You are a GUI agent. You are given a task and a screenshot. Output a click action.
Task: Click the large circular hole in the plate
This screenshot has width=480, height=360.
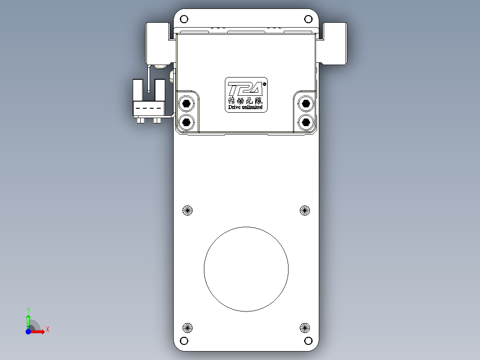coord(246,269)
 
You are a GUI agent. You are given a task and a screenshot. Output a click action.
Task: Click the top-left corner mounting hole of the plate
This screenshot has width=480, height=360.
coord(184,19)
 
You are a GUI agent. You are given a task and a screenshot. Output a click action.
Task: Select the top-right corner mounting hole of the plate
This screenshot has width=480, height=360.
coord(308,19)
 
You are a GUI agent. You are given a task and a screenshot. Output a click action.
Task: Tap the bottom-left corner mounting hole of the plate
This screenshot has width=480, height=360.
coord(184,341)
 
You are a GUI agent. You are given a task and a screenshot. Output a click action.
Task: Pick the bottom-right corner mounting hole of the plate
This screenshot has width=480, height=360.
coord(308,341)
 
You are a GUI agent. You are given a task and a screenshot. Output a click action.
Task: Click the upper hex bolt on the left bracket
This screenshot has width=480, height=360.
coord(186,104)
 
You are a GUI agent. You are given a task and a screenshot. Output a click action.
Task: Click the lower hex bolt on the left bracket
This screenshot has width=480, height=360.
coord(186,121)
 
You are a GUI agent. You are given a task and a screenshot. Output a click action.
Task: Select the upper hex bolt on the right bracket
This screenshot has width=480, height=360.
coord(305,104)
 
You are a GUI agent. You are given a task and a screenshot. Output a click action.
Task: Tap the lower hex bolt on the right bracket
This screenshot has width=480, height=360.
coord(305,121)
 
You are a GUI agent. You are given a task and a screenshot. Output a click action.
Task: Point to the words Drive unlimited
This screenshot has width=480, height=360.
coord(245,107)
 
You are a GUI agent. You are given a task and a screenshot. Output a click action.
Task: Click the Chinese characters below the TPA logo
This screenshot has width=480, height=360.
coord(245,101)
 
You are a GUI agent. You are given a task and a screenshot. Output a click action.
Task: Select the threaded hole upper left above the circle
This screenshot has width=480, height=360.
coord(187,210)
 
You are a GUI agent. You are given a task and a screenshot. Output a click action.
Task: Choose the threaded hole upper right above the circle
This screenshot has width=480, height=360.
coord(305,210)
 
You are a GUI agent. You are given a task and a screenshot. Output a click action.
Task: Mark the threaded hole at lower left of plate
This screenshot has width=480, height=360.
coord(187,328)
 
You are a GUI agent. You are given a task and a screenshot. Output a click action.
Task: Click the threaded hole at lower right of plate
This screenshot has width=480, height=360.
coord(305,328)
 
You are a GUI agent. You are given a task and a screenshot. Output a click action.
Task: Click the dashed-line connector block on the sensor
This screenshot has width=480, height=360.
coord(149,108)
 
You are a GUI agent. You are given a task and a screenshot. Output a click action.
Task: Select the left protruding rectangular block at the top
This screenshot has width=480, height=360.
coord(158,43)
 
